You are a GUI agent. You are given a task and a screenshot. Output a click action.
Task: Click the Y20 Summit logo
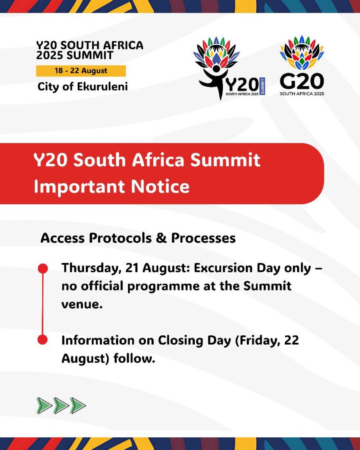(229, 68)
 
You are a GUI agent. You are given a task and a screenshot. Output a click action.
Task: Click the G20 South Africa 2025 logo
(302, 66)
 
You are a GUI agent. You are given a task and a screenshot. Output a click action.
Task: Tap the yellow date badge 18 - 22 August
(81, 71)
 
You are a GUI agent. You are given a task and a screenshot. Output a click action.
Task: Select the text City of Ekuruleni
(83, 87)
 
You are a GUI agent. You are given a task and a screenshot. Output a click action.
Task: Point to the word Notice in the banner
(160, 186)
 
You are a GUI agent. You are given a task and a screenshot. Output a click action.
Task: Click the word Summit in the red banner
(225, 160)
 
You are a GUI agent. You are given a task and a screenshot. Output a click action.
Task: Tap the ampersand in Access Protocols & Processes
(161, 238)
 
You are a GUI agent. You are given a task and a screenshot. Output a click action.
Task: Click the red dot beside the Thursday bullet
(43, 269)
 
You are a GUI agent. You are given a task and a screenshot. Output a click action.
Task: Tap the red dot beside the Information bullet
(43, 340)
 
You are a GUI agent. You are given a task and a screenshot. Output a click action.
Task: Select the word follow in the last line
(135, 359)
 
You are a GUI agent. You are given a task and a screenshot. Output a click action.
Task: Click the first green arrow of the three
(44, 406)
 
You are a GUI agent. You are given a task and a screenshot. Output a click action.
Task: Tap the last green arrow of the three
(78, 406)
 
